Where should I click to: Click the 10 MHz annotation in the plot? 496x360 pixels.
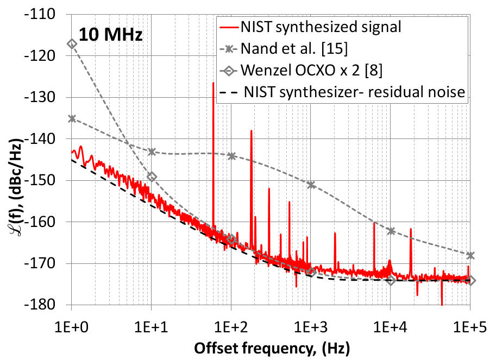tap(111, 36)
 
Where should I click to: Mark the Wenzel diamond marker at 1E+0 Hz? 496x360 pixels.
tap(71, 43)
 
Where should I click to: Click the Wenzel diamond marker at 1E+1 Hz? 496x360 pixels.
tap(152, 176)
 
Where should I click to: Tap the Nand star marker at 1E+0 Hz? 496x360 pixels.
tap(71, 118)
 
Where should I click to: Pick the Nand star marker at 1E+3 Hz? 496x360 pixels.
tap(311, 185)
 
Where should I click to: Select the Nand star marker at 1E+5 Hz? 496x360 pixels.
tap(470, 255)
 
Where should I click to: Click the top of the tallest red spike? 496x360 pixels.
tap(213, 83)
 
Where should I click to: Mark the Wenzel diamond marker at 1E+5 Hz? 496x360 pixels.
tap(470, 281)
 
